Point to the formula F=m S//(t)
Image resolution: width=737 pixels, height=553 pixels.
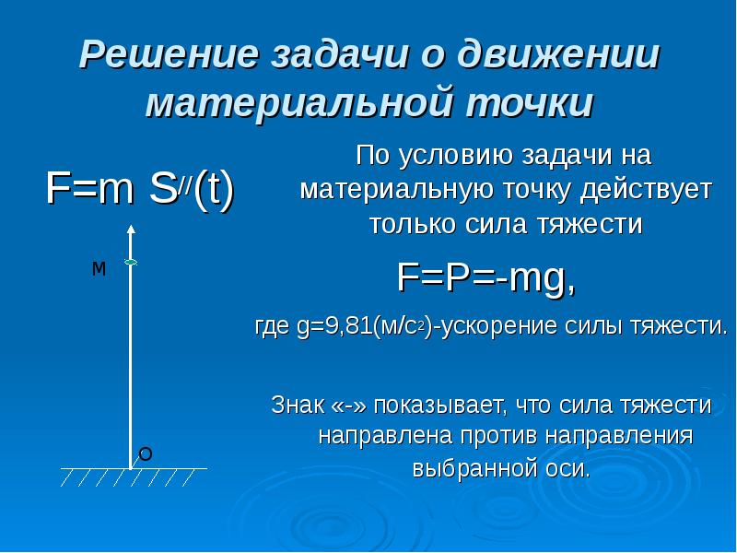(141, 190)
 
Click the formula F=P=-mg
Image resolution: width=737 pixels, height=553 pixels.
(486, 275)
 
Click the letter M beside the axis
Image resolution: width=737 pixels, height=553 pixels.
(99, 269)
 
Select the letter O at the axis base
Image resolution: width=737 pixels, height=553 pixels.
(145, 453)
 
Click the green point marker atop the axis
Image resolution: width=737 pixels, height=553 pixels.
(131, 264)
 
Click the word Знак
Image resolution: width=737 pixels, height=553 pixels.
(296, 405)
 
